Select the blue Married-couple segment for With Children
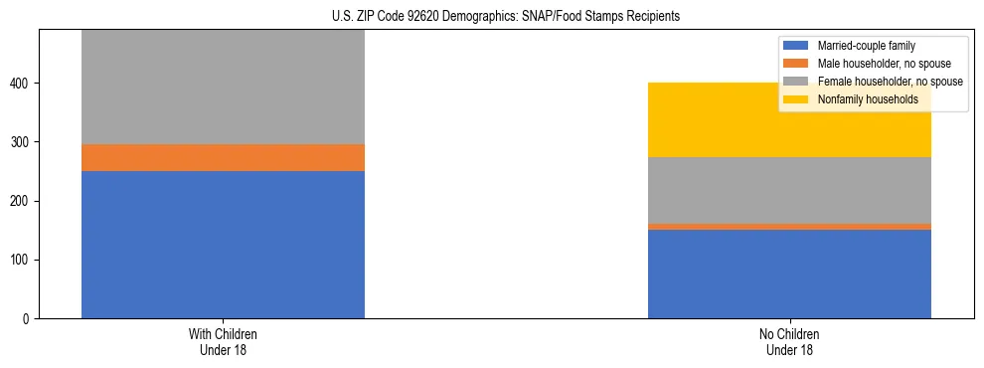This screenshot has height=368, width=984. tap(223, 245)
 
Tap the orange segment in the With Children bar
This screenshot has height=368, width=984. tap(223, 157)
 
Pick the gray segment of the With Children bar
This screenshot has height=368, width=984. tap(223, 87)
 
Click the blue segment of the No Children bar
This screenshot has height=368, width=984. tap(789, 274)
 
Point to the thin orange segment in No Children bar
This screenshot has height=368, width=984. tap(789, 227)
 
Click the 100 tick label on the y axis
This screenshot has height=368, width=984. tap(22, 261)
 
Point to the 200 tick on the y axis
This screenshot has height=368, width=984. tap(22, 201)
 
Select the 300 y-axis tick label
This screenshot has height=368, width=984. tap(22, 142)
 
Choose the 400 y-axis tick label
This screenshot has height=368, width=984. tap(22, 84)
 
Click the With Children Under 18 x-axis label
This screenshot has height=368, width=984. tap(223, 342)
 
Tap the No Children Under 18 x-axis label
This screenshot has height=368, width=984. tap(789, 342)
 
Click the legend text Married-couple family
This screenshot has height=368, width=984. tap(866, 46)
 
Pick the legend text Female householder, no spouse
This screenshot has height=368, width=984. tap(890, 82)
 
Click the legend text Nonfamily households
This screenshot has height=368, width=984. tap(868, 99)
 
